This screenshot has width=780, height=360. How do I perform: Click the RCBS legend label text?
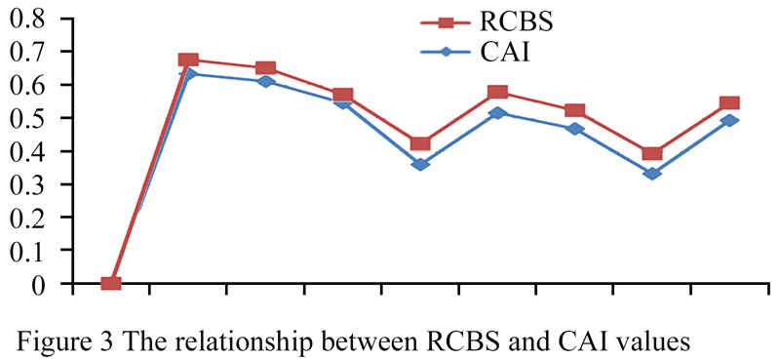click(516, 22)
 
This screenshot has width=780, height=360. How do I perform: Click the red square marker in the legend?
click(447, 22)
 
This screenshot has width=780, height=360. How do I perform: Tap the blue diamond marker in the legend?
click(447, 53)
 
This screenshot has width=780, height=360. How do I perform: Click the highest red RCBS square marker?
click(188, 60)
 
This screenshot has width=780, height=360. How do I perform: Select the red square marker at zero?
click(111, 283)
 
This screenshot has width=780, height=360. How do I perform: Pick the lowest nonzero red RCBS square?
click(652, 153)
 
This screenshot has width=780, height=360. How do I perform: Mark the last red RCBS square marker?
click(729, 103)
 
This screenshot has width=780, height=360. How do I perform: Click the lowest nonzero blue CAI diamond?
click(652, 174)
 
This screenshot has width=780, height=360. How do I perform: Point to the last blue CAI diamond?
click(729, 121)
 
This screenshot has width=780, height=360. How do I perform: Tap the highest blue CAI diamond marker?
click(188, 74)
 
